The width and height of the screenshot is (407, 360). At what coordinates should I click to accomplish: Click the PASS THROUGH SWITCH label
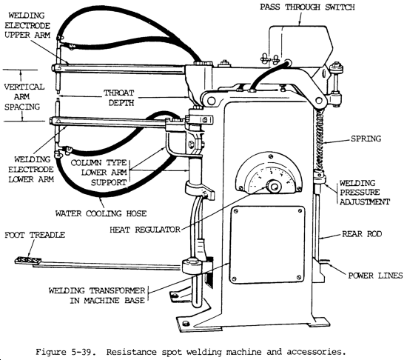pos(307,7)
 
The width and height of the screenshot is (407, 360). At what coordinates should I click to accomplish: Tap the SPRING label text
pos(366,139)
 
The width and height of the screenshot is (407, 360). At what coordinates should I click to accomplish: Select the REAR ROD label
pos(362,234)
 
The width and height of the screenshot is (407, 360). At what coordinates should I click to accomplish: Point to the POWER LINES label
pos(375,276)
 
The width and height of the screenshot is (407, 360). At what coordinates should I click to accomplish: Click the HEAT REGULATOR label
pos(145,230)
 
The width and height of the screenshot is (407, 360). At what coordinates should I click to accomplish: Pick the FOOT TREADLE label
pos(35,235)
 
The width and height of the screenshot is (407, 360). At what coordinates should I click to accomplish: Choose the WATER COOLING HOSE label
pos(101,213)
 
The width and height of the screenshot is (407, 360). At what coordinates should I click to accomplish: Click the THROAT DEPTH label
pos(119,98)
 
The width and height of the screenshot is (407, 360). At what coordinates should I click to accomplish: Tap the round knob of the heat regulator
pos(274,187)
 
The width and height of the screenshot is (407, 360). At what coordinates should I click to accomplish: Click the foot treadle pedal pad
pos(28,260)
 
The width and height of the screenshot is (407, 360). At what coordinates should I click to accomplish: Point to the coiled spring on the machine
pos(320,137)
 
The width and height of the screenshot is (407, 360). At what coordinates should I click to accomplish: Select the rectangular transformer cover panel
pos(267,245)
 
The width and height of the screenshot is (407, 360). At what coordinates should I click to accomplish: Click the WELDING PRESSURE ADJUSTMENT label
pos(365,193)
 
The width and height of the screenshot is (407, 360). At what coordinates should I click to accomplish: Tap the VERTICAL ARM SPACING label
pos(24,96)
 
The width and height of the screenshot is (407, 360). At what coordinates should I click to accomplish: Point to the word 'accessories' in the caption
pos(316,353)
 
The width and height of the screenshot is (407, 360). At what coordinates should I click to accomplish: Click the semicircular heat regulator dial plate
pos(269,173)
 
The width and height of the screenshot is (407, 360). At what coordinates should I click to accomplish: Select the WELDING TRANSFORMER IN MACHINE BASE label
pos(96,296)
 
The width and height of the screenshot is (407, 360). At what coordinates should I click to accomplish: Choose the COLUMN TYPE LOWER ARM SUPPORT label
pos(99,173)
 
